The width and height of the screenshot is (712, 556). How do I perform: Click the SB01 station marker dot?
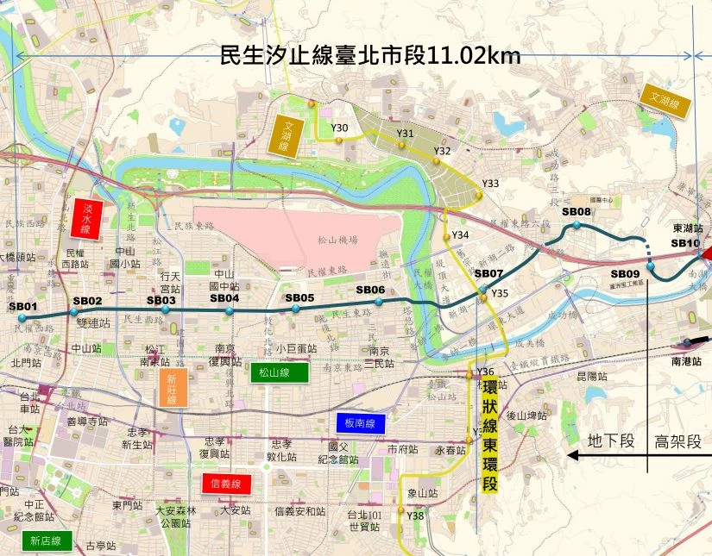[x=22, y=318]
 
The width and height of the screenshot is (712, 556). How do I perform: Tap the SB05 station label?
[x=299, y=298]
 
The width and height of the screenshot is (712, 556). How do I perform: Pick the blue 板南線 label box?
[x=359, y=423]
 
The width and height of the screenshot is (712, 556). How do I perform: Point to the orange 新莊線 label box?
[x=172, y=389]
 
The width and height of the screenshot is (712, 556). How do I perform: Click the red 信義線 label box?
[x=226, y=484]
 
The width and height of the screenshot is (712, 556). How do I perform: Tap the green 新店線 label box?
[x=45, y=540]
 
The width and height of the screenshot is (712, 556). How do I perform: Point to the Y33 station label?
[x=490, y=184]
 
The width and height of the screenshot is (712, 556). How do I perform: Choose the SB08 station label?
[x=576, y=212]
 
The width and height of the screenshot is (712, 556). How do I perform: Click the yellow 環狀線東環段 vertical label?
[x=489, y=435]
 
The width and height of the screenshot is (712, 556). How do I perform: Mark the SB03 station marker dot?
[x=166, y=310]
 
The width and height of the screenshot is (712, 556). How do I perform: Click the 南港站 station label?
[x=688, y=364]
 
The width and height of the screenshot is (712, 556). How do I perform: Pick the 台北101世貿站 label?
[x=363, y=521]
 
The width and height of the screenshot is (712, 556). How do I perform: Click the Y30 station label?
[x=339, y=128]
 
